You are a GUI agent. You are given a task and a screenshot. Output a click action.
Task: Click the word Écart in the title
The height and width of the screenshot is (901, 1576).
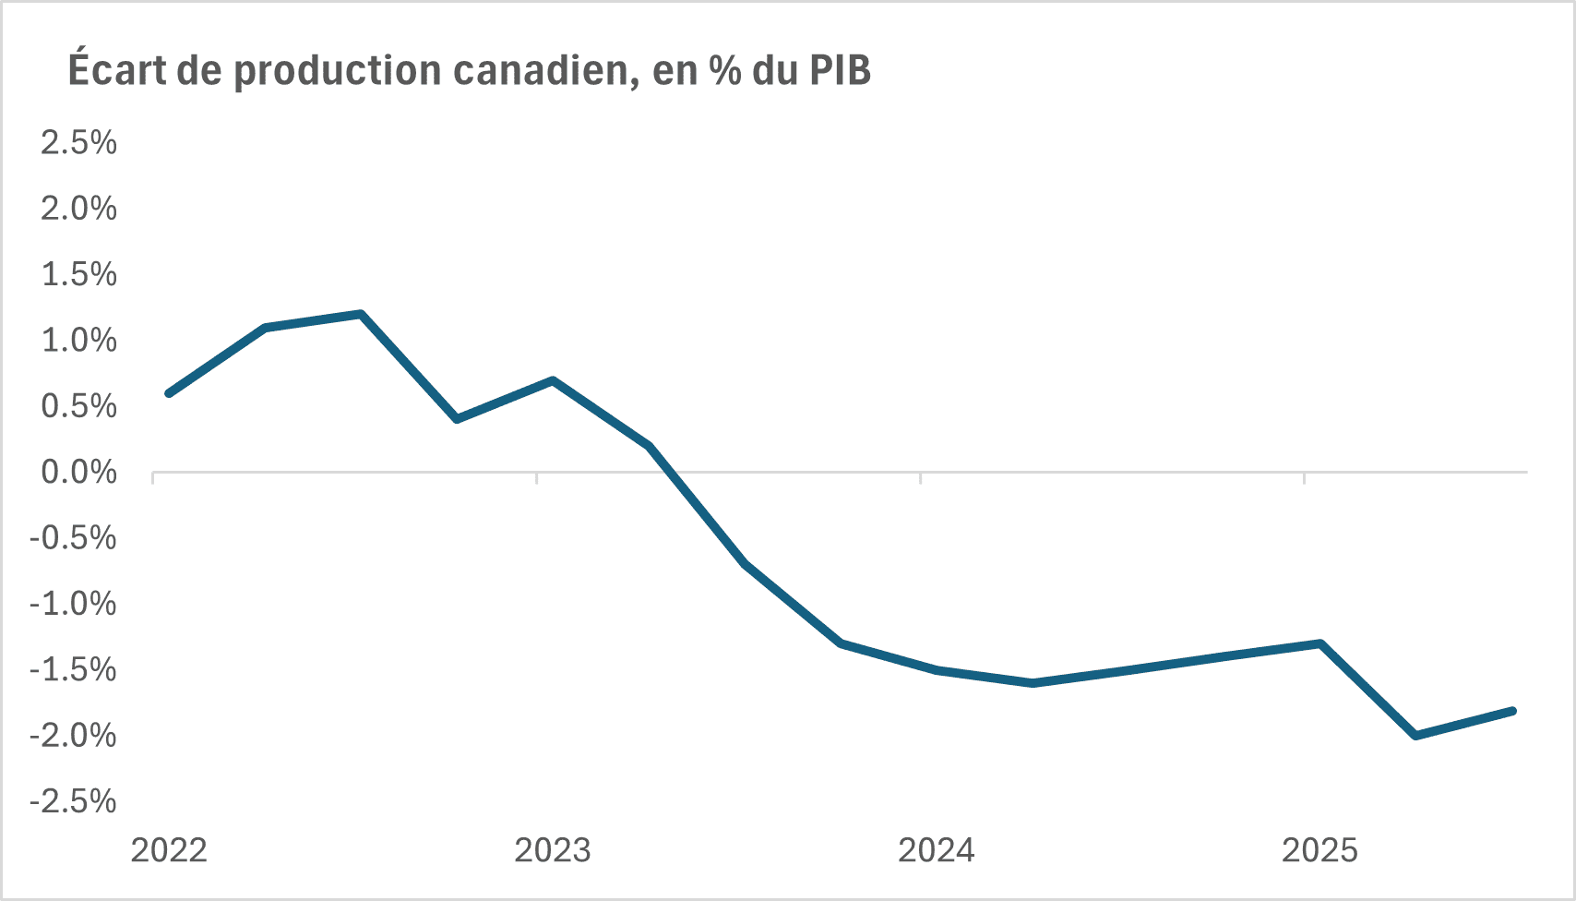[x=117, y=70]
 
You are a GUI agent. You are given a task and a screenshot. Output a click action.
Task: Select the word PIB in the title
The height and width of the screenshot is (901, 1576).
[x=840, y=70]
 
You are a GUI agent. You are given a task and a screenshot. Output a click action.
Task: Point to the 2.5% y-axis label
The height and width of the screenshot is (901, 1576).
[x=78, y=142]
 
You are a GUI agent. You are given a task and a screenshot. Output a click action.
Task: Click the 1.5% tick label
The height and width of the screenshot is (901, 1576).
[x=78, y=274]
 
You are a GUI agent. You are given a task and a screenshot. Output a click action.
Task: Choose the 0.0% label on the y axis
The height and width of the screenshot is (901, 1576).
[x=78, y=473]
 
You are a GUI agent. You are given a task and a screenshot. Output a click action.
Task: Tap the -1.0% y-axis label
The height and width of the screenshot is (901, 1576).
[x=73, y=605]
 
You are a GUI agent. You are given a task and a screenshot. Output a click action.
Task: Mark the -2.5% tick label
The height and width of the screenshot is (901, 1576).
[x=73, y=801]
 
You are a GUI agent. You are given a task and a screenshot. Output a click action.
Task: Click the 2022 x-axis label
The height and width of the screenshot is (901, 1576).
[x=169, y=850]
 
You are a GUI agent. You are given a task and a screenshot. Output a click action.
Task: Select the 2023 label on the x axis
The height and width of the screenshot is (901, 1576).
[x=553, y=850]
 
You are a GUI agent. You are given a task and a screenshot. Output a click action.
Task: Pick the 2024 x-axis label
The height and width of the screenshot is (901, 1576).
[x=937, y=850]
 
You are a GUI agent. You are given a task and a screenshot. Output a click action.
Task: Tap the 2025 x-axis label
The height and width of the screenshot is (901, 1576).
[x=1320, y=850]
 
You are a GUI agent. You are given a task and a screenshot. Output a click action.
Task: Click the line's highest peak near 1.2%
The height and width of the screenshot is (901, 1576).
[x=361, y=314]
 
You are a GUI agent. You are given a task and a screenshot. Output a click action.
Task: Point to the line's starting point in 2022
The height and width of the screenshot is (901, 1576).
[x=169, y=393]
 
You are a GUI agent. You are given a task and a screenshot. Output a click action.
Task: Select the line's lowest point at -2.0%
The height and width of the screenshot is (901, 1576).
[x=1415, y=736]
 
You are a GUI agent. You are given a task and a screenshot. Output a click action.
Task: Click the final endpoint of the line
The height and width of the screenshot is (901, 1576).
[x=1512, y=710]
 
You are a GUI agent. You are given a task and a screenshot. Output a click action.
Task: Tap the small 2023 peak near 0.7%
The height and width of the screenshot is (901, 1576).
[x=552, y=380]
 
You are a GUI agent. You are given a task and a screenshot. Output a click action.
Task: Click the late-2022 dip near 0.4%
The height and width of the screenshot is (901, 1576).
[x=457, y=419]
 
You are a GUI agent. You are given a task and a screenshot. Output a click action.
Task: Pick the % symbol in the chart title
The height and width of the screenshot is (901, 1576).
[x=725, y=70]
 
